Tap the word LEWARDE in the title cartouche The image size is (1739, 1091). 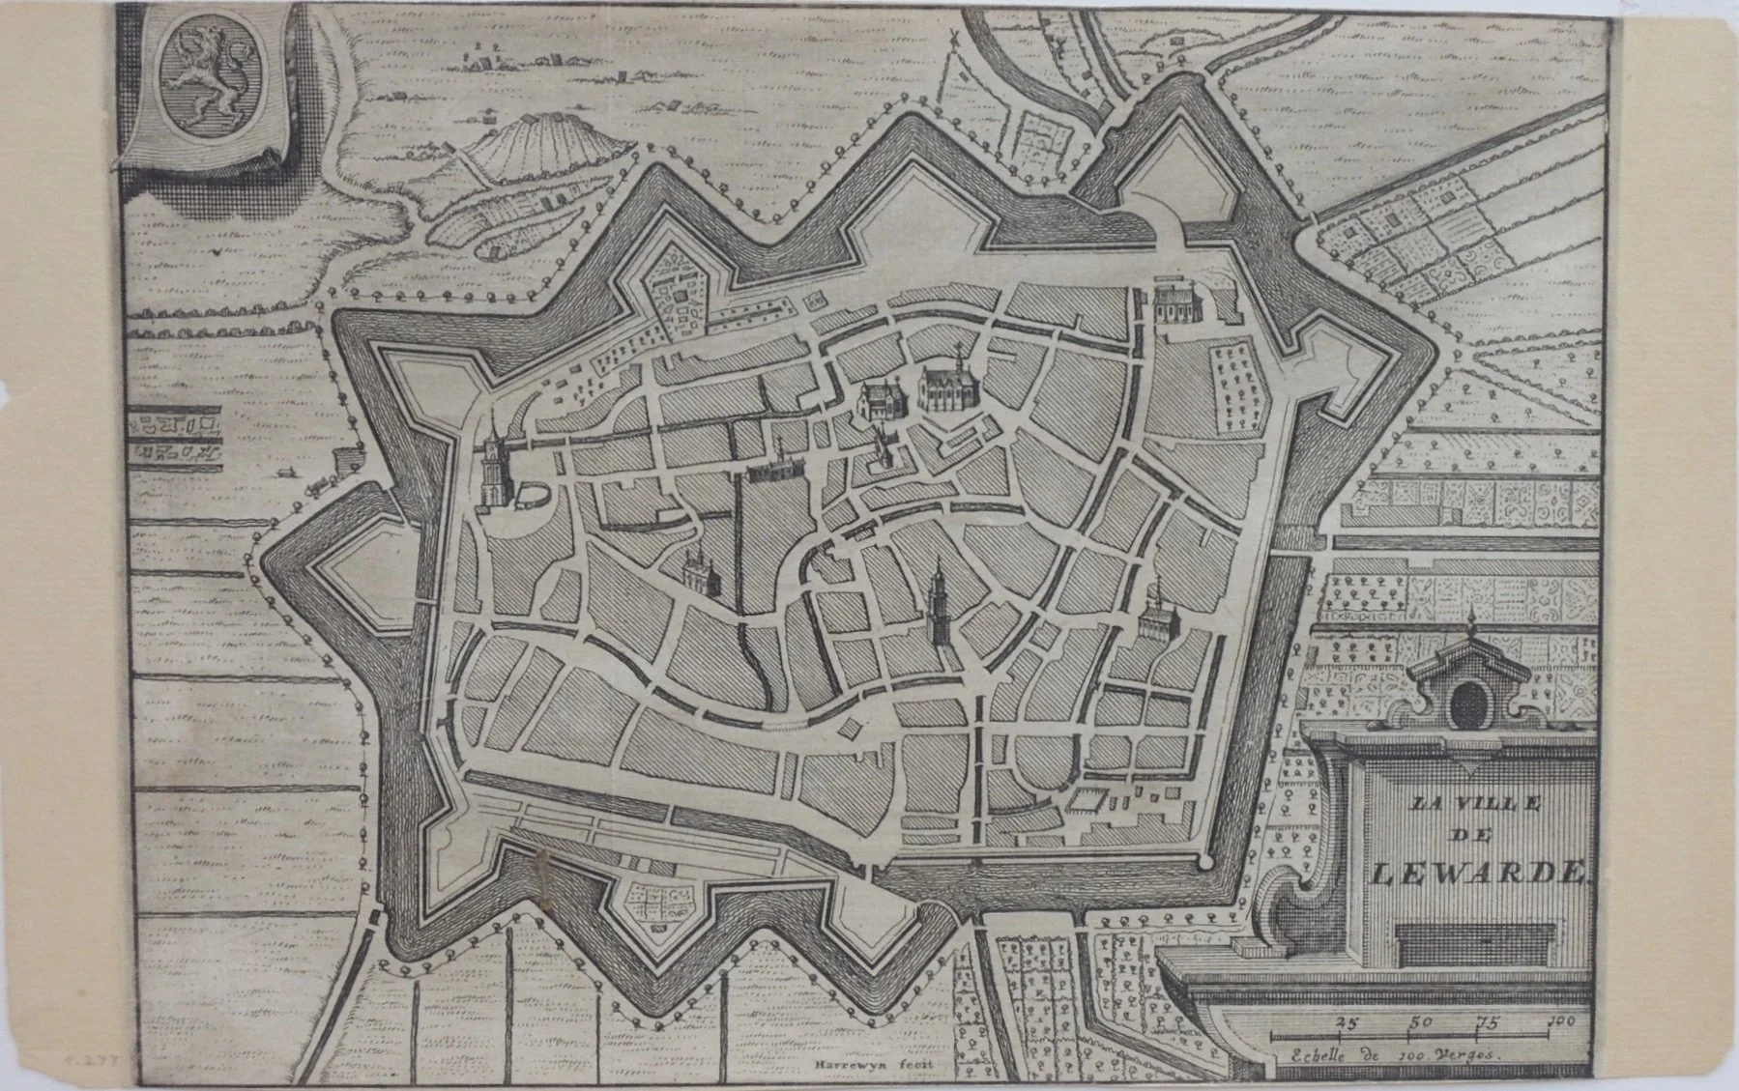pos(1479,874)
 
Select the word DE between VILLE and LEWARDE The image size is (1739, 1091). pos(1477,837)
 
